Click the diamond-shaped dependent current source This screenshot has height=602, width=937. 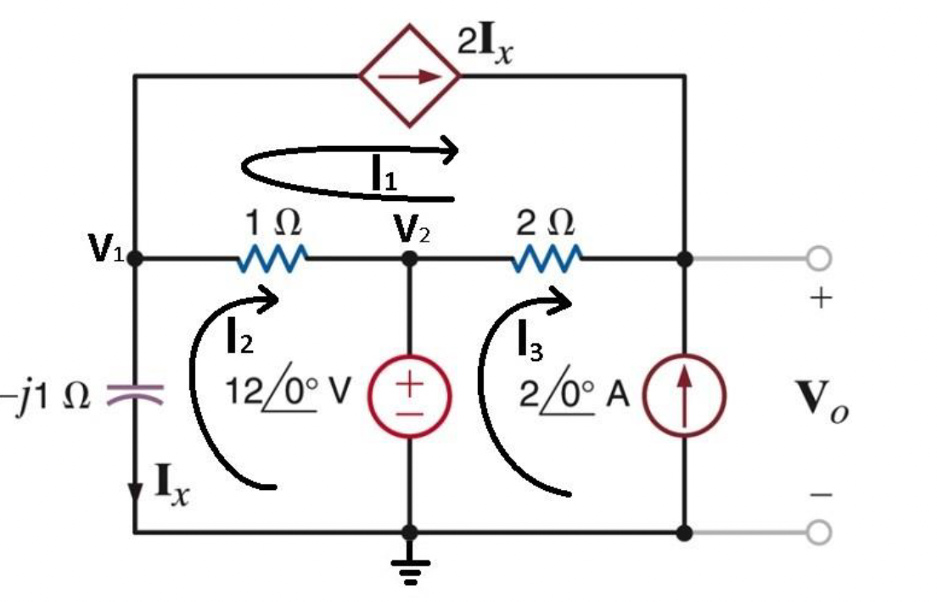[410, 75]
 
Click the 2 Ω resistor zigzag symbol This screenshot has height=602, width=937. [547, 258]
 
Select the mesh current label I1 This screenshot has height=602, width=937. [384, 175]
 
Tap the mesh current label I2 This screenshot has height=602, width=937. [238, 339]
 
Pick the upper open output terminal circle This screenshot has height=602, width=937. [818, 259]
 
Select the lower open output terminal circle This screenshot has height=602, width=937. [818, 532]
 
